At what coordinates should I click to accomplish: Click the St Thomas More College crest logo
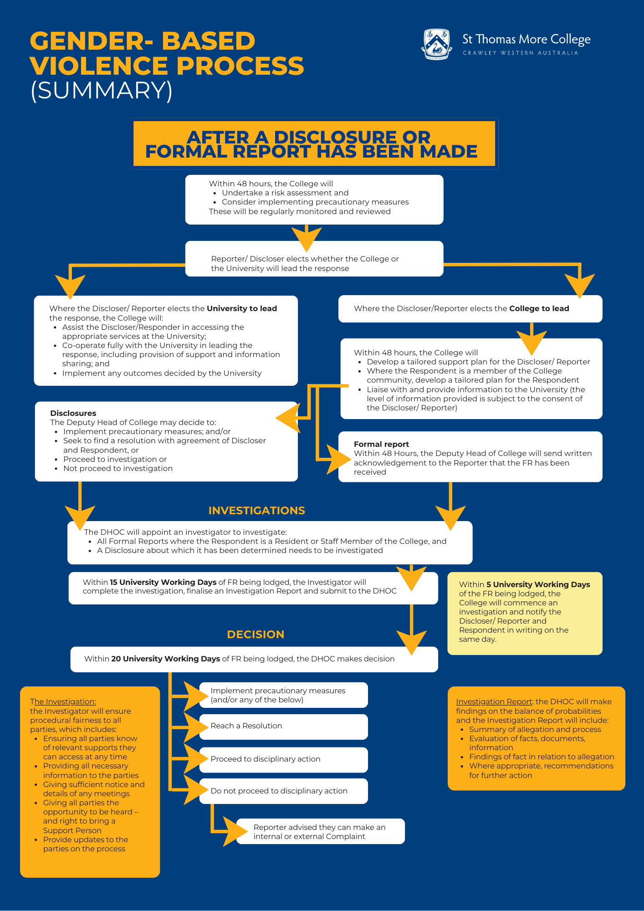(x=437, y=44)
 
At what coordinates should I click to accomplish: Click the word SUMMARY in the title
(x=102, y=90)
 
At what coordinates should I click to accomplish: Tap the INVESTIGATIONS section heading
(x=256, y=511)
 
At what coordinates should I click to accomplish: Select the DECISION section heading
(x=256, y=635)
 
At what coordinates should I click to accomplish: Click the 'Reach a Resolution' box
(x=283, y=726)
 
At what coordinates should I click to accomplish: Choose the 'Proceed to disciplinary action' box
(x=283, y=759)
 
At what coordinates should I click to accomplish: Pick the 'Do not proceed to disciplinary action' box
(x=283, y=791)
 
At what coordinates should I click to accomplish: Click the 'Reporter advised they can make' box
(x=320, y=832)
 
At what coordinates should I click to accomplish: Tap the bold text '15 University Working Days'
(x=163, y=582)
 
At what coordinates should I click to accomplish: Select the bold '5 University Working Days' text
(x=538, y=584)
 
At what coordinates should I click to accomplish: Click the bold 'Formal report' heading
(x=381, y=444)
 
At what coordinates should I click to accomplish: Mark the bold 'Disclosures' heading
(x=73, y=413)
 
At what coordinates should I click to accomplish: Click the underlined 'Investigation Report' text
(x=494, y=702)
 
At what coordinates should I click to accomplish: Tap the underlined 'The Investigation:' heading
(x=63, y=702)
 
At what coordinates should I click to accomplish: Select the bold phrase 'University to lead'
(x=242, y=308)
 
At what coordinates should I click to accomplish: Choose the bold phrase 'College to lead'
(x=539, y=308)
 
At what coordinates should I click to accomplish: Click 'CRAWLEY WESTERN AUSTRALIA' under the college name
(x=520, y=53)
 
